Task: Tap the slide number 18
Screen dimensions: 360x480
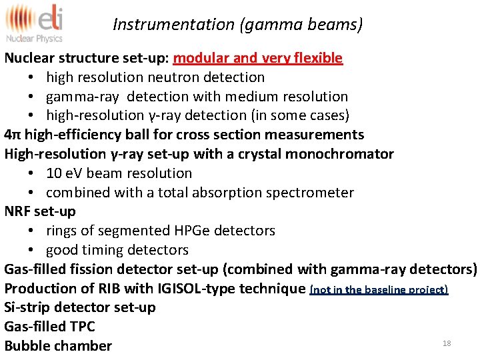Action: click(x=447, y=343)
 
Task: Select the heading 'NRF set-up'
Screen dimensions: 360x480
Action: click(x=40, y=211)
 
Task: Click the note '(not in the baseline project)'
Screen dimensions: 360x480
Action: click(x=379, y=289)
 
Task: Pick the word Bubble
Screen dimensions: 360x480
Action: click(x=27, y=346)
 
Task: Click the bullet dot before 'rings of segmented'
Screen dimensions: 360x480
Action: click(x=32, y=231)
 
